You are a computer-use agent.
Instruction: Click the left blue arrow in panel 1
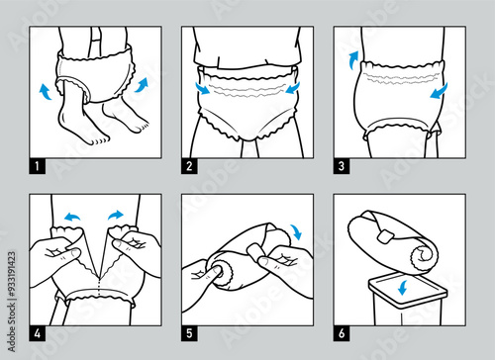pos(45,92)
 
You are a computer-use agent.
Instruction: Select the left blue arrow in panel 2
pos(201,89)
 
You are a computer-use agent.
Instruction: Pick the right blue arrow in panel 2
pos(293,89)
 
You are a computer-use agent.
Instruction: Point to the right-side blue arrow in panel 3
pos(438,91)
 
